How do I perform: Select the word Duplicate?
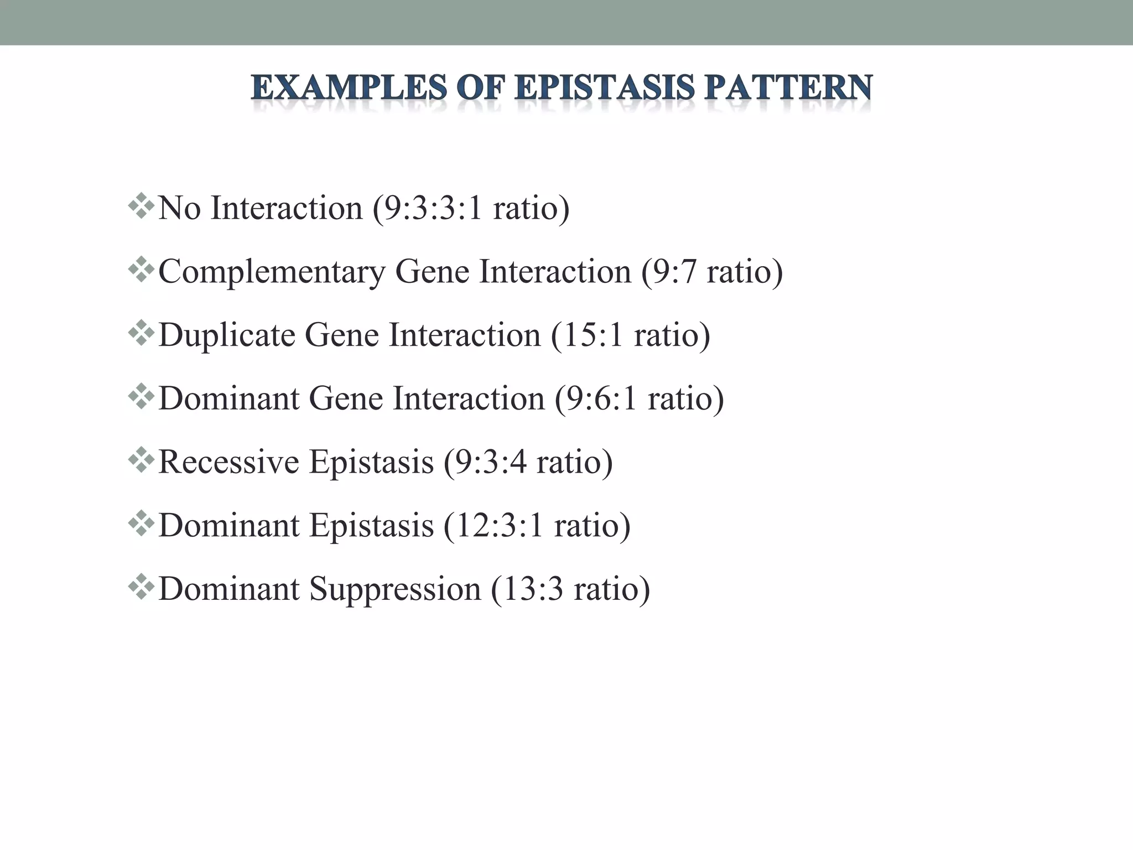point(226,335)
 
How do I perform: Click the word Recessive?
point(228,462)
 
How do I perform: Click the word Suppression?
point(395,589)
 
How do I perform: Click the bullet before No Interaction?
point(141,205)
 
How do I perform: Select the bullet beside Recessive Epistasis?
point(141,459)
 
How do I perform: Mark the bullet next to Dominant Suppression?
point(141,586)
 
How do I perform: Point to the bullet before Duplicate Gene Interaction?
point(141,333)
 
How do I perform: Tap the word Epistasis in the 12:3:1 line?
point(371,525)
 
